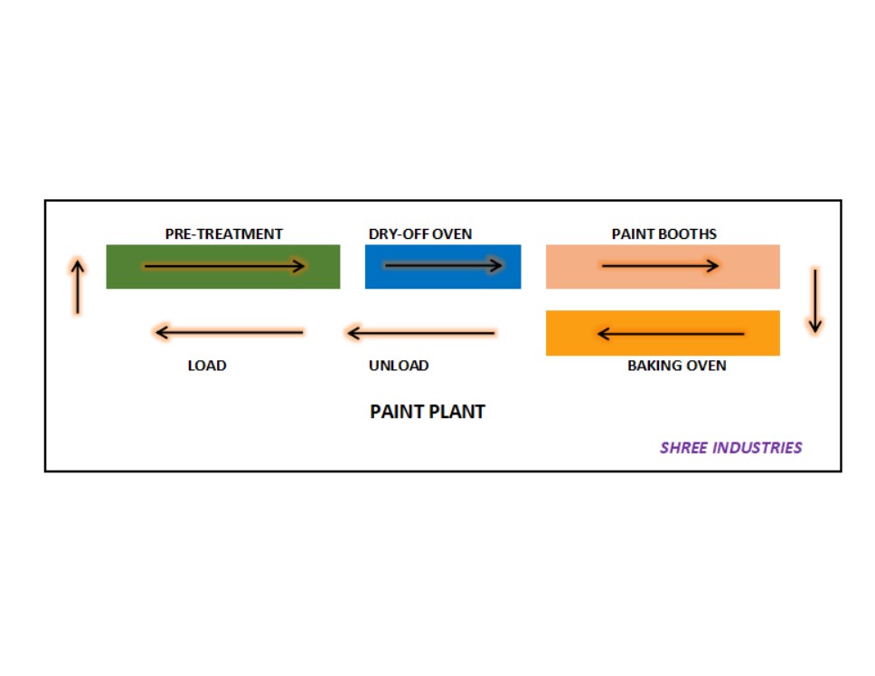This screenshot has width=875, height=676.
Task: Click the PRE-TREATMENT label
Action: [224, 234]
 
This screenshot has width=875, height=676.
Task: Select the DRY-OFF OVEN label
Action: [420, 234]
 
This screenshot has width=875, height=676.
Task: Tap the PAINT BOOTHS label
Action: [664, 234]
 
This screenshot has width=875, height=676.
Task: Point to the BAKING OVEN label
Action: [677, 366]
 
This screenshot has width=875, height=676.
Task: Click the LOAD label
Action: [207, 366]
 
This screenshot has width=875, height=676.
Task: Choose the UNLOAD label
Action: [399, 366]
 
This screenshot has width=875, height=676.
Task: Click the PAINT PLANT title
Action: [428, 412]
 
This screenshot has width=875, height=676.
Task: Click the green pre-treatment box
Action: [223, 266]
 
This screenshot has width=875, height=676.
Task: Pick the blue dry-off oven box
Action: [443, 266]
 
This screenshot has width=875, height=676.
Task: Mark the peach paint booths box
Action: [663, 266]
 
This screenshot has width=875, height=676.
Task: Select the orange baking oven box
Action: [663, 333]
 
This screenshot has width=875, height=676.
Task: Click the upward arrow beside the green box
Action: [78, 287]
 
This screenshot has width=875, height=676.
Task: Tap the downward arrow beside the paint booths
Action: [815, 301]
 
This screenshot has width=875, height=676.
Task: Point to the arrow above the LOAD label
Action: [230, 332]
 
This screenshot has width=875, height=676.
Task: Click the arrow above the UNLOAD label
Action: [420, 333]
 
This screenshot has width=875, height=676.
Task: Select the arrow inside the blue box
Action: [444, 265]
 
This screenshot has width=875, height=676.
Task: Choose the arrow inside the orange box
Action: [670, 334]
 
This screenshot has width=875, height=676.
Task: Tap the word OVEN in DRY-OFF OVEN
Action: [452, 234]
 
